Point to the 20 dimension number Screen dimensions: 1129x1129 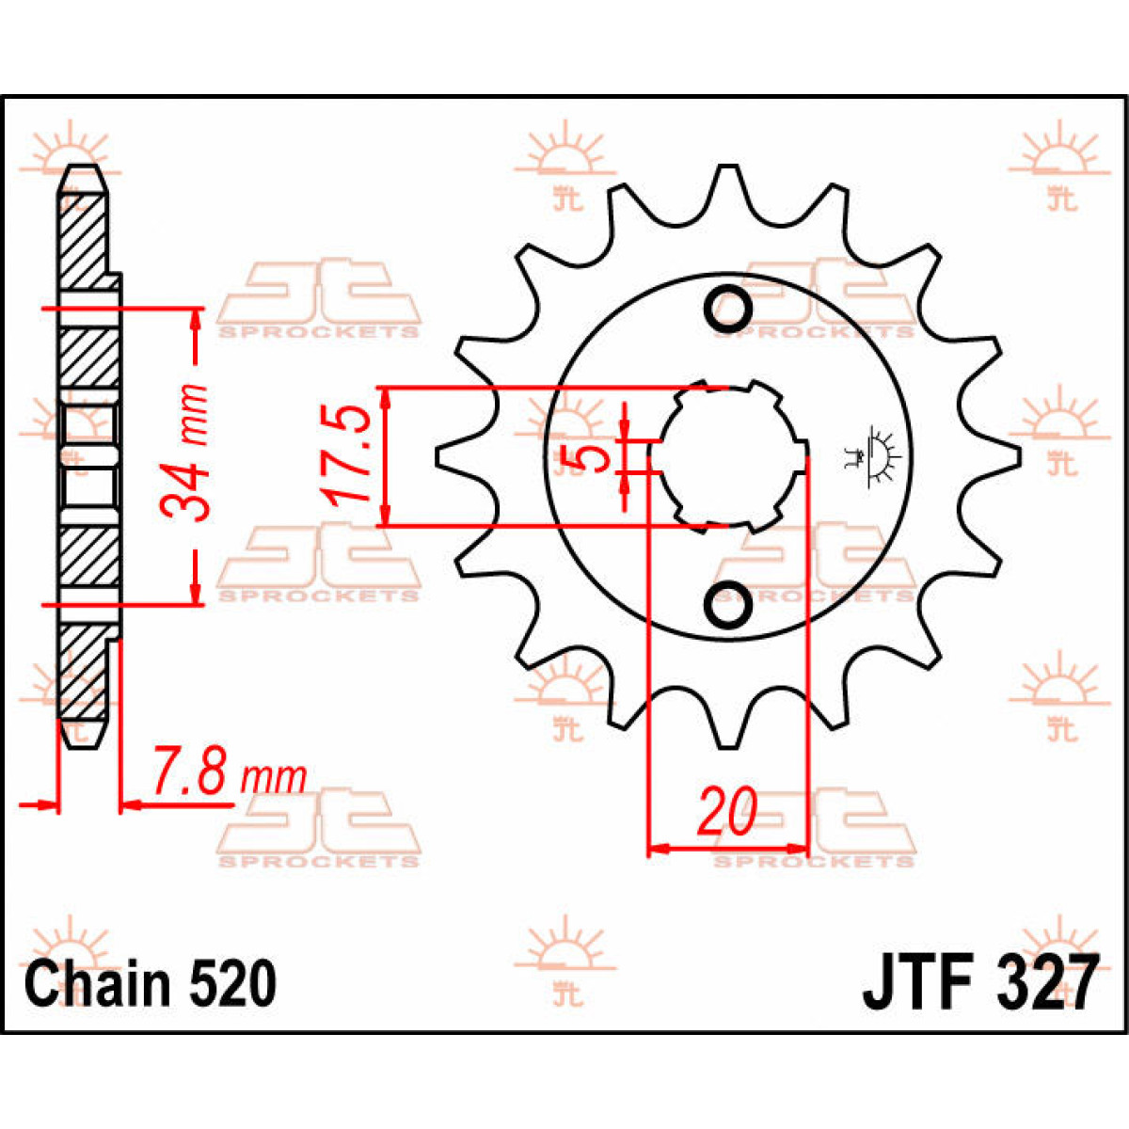coord(726,813)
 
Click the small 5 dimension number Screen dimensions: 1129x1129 coord(591,458)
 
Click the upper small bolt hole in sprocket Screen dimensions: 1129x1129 coord(728,308)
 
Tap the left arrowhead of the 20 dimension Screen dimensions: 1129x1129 coord(657,849)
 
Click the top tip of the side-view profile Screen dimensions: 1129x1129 coord(82,170)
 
